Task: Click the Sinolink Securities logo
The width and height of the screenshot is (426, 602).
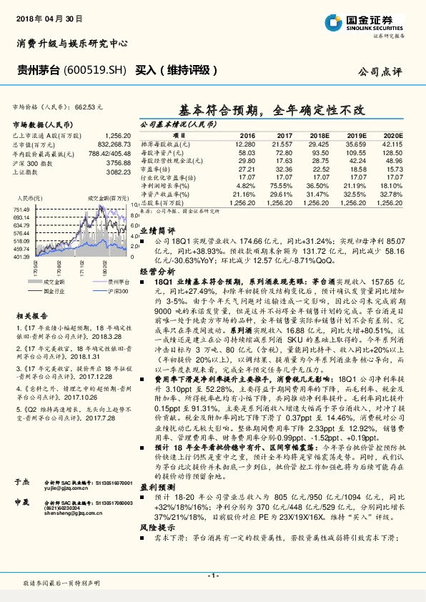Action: tap(364, 21)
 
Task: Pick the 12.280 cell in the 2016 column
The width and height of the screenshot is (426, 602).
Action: tap(245, 144)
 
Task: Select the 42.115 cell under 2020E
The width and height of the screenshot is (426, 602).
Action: tap(393, 144)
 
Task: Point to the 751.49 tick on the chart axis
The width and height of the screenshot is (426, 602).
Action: tap(21, 209)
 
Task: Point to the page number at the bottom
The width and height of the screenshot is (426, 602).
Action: tap(213, 575)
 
